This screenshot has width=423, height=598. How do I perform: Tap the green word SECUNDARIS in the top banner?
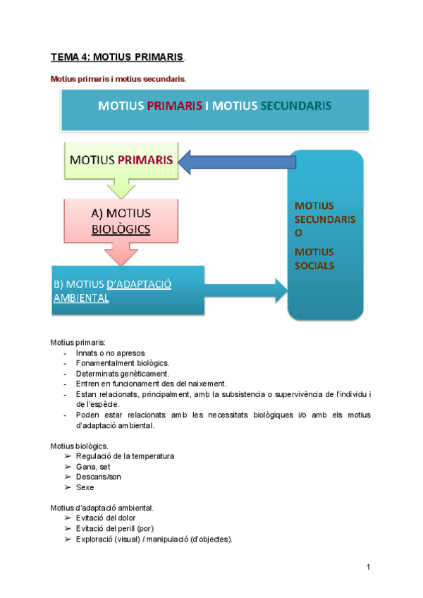click(296, 106)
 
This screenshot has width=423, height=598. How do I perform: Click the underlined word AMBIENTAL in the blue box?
click(80, 298)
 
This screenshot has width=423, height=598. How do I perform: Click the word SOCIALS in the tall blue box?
click(314, 266)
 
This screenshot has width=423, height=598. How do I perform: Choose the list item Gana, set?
click(92, 466)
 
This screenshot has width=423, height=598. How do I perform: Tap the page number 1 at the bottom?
click(368, 567)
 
